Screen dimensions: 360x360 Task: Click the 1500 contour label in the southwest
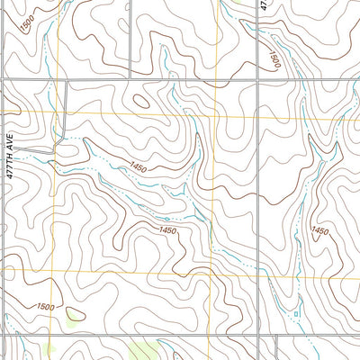pyautogui.click(x=45, y=308)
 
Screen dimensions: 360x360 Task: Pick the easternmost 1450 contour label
pyautogui.click(x=319, y=231)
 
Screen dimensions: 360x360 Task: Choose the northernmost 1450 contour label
pyautogui.click(x=138, y=166)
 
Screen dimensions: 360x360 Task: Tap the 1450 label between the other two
pyautogui.click(x=167, y=231)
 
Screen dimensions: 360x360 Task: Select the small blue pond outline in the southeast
pyautogui.click(x=295, y=312)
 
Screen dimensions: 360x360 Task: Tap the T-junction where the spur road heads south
pyautogui.click(x=68, y=81)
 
